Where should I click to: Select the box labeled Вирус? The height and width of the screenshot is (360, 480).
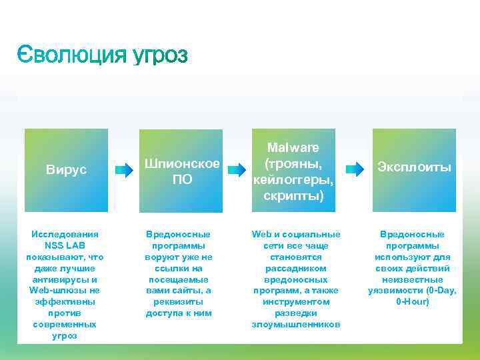[66, 170]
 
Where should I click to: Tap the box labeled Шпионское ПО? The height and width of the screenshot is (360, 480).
[179, 170]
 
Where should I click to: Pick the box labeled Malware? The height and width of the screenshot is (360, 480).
[292, 170]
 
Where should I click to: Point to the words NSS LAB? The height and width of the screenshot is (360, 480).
[66, 245]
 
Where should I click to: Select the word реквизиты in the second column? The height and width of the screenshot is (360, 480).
[179, 302]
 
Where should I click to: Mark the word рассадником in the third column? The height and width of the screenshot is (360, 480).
[295, 268]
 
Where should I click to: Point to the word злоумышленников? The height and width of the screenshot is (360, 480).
[296, 325]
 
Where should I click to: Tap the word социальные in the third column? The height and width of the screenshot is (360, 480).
[312, 234]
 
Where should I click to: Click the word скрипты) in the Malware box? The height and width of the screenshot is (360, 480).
[293, 196]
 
